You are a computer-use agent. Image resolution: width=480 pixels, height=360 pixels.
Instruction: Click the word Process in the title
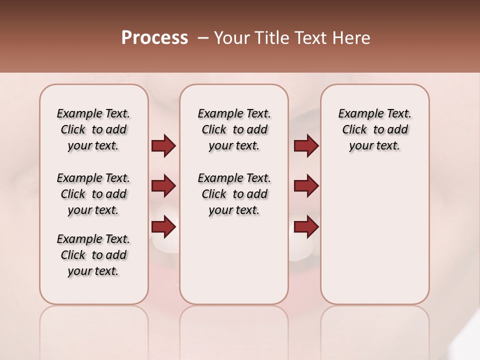point(154,38)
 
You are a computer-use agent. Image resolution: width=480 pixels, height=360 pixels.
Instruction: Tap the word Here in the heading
point(352,38)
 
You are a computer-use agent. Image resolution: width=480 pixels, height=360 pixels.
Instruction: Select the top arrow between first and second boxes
point(163,146)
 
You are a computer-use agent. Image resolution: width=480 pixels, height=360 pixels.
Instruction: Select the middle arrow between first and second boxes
point(163,186)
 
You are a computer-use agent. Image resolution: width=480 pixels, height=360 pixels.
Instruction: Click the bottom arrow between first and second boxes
point(163,226)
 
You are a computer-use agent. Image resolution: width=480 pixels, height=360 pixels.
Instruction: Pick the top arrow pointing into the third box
point(306,146)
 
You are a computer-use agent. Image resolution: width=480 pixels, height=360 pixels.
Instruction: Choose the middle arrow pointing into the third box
point(306,186)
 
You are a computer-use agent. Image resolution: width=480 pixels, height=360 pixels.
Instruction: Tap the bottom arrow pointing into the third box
point(306,226)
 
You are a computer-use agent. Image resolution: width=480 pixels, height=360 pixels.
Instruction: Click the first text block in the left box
point(93,129)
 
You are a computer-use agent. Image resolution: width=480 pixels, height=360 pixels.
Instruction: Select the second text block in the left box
point(93,194)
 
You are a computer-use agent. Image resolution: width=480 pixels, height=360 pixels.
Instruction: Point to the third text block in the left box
point(93,255)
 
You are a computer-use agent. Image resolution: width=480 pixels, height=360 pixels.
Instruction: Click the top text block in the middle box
point(234,129)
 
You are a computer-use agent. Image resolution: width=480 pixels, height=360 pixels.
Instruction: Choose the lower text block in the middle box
point(234,194)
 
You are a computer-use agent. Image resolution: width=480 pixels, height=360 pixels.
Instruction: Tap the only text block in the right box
point(374,129)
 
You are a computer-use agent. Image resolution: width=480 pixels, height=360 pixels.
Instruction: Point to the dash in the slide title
point(203,38)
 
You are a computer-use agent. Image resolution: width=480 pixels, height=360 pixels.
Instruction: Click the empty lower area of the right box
point(374,235)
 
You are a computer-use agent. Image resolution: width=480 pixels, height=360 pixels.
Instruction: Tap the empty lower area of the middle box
point(234,260)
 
